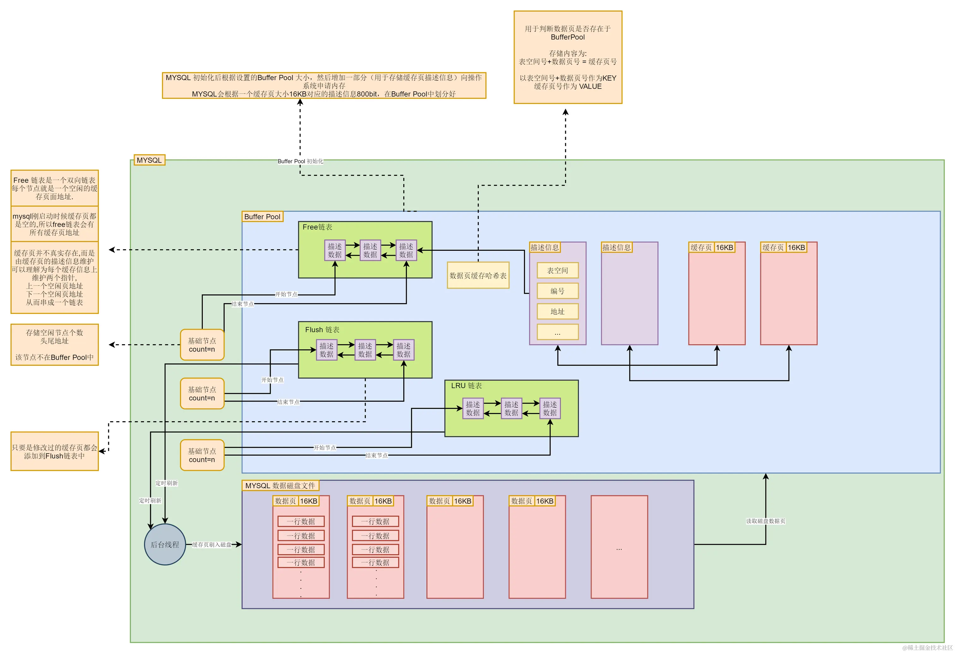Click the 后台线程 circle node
[165, 544]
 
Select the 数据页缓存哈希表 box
[478, 275]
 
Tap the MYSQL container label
[149, 160]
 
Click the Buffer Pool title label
[262, 217]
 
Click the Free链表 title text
[317, 227]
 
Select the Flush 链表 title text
[322, 330]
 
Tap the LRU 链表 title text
[466, 386]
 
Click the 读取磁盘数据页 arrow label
[765, 521]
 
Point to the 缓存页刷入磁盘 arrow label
[212, 544]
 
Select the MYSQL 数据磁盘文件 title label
[280, 485]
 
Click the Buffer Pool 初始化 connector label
[300, 161]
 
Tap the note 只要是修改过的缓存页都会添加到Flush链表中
[55, 451]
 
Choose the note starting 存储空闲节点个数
[55, 344]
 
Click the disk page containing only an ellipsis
[619, 547]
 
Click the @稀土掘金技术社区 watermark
[927, 648]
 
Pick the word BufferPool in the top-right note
[568, 37]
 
